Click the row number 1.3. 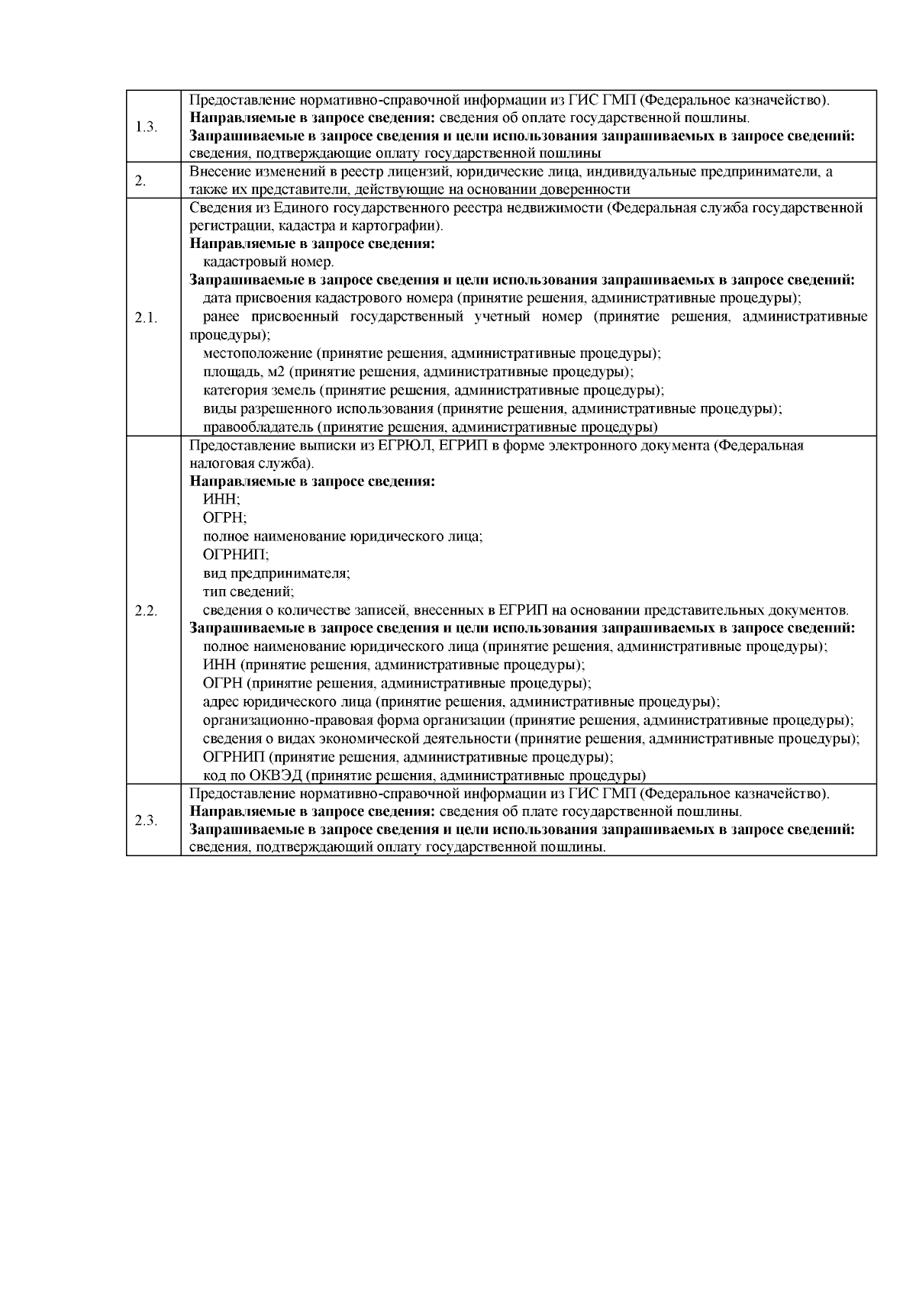click(146, 127)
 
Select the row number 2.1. click(146, 317)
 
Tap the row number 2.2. click(146, 610)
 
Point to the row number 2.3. click(146, 820)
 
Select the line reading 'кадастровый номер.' click(258, 263)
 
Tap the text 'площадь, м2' click(244, 372)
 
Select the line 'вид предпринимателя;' click(276, 572)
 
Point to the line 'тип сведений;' click(248, 591)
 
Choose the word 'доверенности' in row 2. click(593, 190)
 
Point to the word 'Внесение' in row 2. click(215, 172)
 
